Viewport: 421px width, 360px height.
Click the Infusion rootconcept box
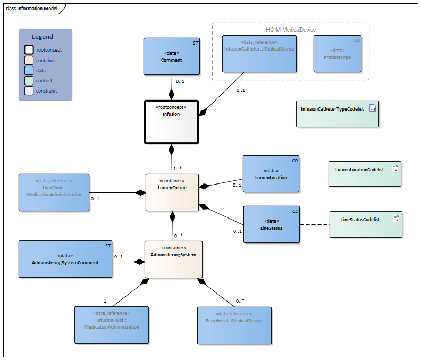171,122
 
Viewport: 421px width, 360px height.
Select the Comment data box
171,56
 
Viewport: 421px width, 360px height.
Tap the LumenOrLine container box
172,192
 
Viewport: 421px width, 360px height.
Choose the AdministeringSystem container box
173,259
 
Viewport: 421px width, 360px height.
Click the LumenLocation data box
271,173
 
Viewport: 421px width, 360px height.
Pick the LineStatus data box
271,224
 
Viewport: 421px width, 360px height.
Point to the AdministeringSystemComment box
65,258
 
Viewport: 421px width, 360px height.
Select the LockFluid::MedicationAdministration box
54,191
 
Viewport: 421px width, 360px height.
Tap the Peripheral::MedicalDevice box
234,324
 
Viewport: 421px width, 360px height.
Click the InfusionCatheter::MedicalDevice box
259,53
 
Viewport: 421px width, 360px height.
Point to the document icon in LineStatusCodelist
395,219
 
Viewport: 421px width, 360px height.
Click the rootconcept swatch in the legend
29,49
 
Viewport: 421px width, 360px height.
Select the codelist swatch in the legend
29,80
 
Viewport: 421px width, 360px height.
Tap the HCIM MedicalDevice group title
291,29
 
